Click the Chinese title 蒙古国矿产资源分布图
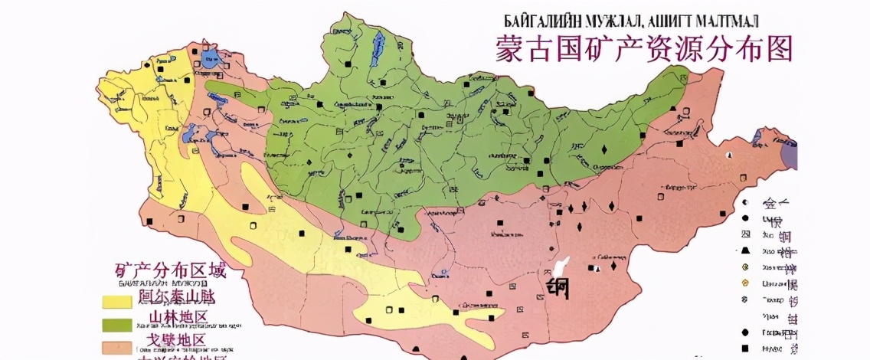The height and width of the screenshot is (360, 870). [x=643, y=47]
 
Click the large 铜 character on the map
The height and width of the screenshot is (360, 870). [x=562, y=288]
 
